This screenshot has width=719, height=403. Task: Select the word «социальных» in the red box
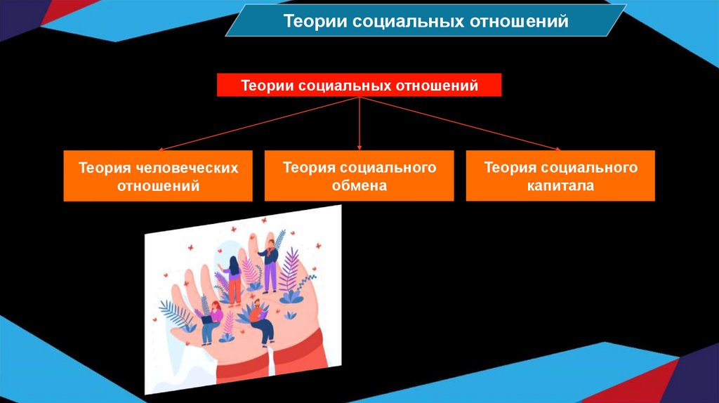(346, 86)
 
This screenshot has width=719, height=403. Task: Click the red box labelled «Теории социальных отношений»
(359, 86)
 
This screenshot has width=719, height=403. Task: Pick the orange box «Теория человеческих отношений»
(158, 176)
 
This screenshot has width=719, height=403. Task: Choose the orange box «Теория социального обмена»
(359, 176)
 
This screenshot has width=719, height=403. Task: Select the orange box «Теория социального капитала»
(560, 176)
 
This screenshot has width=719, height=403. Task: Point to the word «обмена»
(359, 186)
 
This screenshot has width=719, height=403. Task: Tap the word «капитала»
(560, 186)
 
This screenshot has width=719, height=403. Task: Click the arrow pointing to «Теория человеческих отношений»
(260, 124)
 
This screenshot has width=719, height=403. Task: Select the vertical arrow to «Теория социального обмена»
(359, 124)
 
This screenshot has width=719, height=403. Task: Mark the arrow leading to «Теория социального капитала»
(460, 124)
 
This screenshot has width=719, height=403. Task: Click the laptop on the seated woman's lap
(208, 319)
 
